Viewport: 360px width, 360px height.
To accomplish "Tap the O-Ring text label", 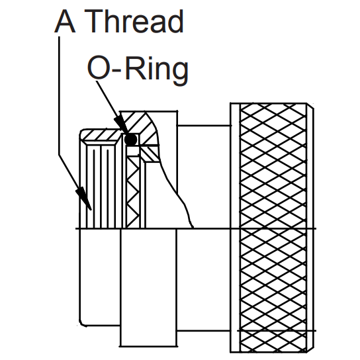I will [138, 69].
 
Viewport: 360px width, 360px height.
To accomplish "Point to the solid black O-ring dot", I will [131, 139].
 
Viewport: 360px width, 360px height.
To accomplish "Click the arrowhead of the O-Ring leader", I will [122, 127].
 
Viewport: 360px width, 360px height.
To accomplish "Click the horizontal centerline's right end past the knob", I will [315, 229].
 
